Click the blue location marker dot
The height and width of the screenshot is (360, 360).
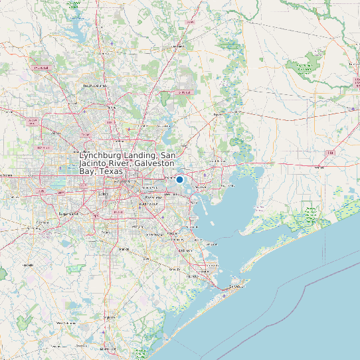coord(179,179)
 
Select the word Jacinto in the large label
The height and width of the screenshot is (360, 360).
coord(96,163)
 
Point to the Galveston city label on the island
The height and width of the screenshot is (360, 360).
coord(236,286)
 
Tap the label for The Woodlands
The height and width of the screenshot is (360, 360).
coord(94,86)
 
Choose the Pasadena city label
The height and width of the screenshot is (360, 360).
coord(153,197)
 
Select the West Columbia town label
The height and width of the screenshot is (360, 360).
coord(70,323)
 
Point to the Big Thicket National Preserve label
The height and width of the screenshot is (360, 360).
coord(305,68)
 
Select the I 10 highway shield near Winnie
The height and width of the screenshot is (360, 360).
coord(329,153)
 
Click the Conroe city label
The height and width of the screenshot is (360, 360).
coord(178,46)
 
